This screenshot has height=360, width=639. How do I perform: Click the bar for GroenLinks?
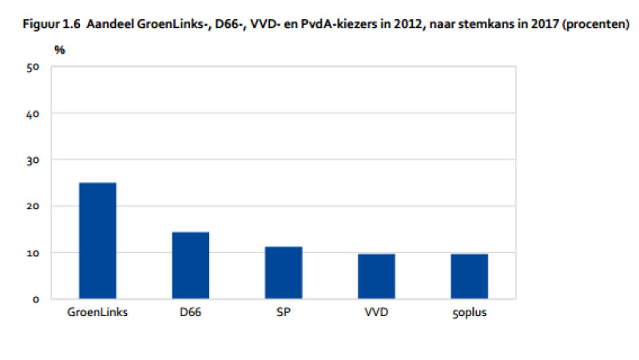(97, 241)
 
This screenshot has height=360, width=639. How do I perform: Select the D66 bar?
(191, 266)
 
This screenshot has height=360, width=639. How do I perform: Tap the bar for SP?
(284, 273)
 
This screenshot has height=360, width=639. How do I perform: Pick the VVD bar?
(376, 276)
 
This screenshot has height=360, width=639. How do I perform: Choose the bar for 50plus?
(469, 276)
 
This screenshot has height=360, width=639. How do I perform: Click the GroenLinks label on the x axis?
(97, 312)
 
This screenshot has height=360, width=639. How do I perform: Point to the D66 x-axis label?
(191, 312)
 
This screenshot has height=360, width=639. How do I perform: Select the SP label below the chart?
(284, 312)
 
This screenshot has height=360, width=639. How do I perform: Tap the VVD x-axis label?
(376, 312)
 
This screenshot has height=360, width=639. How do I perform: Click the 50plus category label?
(469, 312)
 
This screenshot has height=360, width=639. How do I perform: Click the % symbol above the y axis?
(60, 49)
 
